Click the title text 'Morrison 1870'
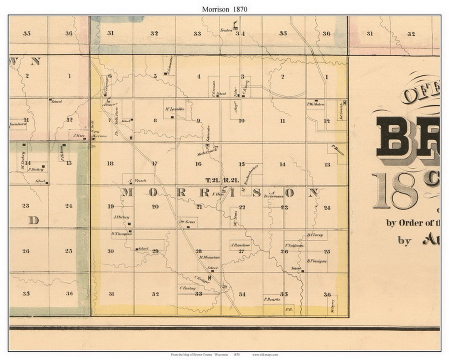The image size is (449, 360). coord(224,9)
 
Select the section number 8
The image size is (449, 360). coord(155,121)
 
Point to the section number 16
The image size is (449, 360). coord(198,164)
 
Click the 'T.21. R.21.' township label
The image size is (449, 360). coord(222,180)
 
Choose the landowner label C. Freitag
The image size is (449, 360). coord(187,288)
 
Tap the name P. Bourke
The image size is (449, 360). coord(272,299)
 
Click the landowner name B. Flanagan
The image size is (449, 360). coord(317,261)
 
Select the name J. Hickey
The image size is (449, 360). coord(121,217)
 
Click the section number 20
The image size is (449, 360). coord(155,207)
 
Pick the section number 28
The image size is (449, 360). coord(199,251)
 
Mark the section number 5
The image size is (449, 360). coord(155,76)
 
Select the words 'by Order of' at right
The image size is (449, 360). coord(412,223)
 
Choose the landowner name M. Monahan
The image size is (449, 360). coord(209,257)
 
